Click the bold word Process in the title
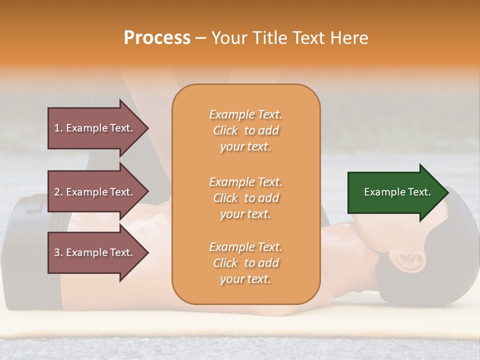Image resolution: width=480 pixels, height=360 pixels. click(x=157, y=38)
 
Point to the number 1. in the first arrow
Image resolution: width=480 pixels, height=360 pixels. click(x=58, y=128)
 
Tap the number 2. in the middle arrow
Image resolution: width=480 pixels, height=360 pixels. click(x=58, y=192)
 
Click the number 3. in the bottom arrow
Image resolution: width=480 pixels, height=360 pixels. click(x=58, y=252)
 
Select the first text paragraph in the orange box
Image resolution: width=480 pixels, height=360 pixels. click(x=245, y=130)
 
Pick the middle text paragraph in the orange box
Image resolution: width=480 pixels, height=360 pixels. click(x=245, y=197)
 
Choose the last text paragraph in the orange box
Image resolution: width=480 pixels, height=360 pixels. click(x=245, y=263)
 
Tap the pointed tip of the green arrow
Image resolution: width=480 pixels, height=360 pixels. click(x=447, y=192)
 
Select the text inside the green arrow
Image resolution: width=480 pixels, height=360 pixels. click(x=397, y=192)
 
